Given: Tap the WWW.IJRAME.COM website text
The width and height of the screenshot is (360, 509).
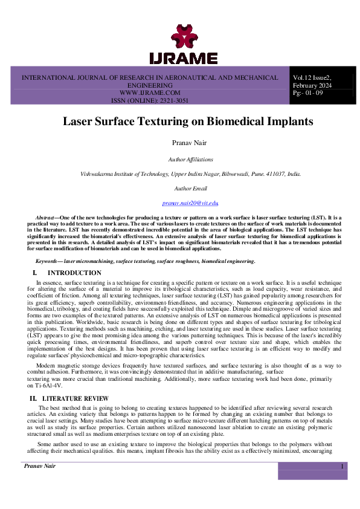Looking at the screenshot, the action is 150,93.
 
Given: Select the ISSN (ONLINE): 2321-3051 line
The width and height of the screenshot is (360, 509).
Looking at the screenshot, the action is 150,101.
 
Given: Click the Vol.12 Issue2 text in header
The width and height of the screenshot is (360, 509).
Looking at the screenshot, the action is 312,78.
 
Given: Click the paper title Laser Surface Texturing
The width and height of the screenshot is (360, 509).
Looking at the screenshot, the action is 188,121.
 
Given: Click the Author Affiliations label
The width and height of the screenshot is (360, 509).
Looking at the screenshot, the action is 190,160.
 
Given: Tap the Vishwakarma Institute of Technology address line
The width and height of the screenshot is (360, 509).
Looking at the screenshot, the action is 190,174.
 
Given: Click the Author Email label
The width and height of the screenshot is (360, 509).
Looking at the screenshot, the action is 190,189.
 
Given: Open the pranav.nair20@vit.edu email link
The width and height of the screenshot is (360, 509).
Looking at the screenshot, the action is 190,203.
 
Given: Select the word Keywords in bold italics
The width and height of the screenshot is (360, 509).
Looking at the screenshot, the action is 49,261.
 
